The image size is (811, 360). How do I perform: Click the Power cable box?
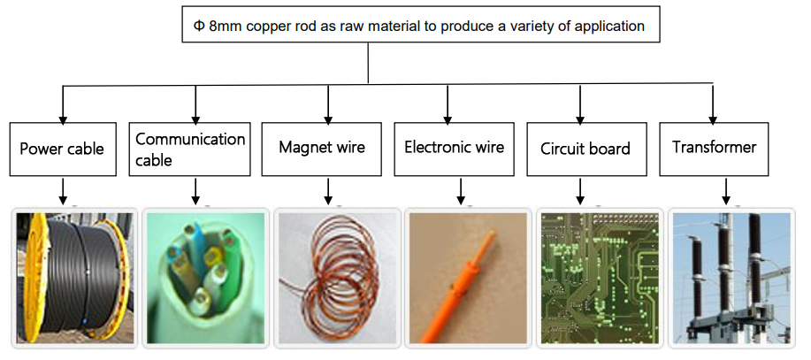coord(61,149)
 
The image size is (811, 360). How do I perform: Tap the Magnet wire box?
coord(321,148)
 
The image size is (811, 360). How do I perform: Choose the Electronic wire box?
coord(454,148)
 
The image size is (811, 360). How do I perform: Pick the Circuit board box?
coord(585,149)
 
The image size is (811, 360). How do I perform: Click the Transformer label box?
coord(714,148)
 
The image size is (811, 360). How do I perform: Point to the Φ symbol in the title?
coord(199,26)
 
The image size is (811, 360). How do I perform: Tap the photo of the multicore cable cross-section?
coord(204,277)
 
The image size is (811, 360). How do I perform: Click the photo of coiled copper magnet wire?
coord(336,277)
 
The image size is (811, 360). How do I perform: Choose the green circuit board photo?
coord(600,277)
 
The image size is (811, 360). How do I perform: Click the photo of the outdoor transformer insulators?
coord(731,277)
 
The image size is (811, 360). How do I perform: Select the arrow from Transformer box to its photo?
coord(726,190)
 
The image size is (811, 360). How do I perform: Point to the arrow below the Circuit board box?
coord(580,190)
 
